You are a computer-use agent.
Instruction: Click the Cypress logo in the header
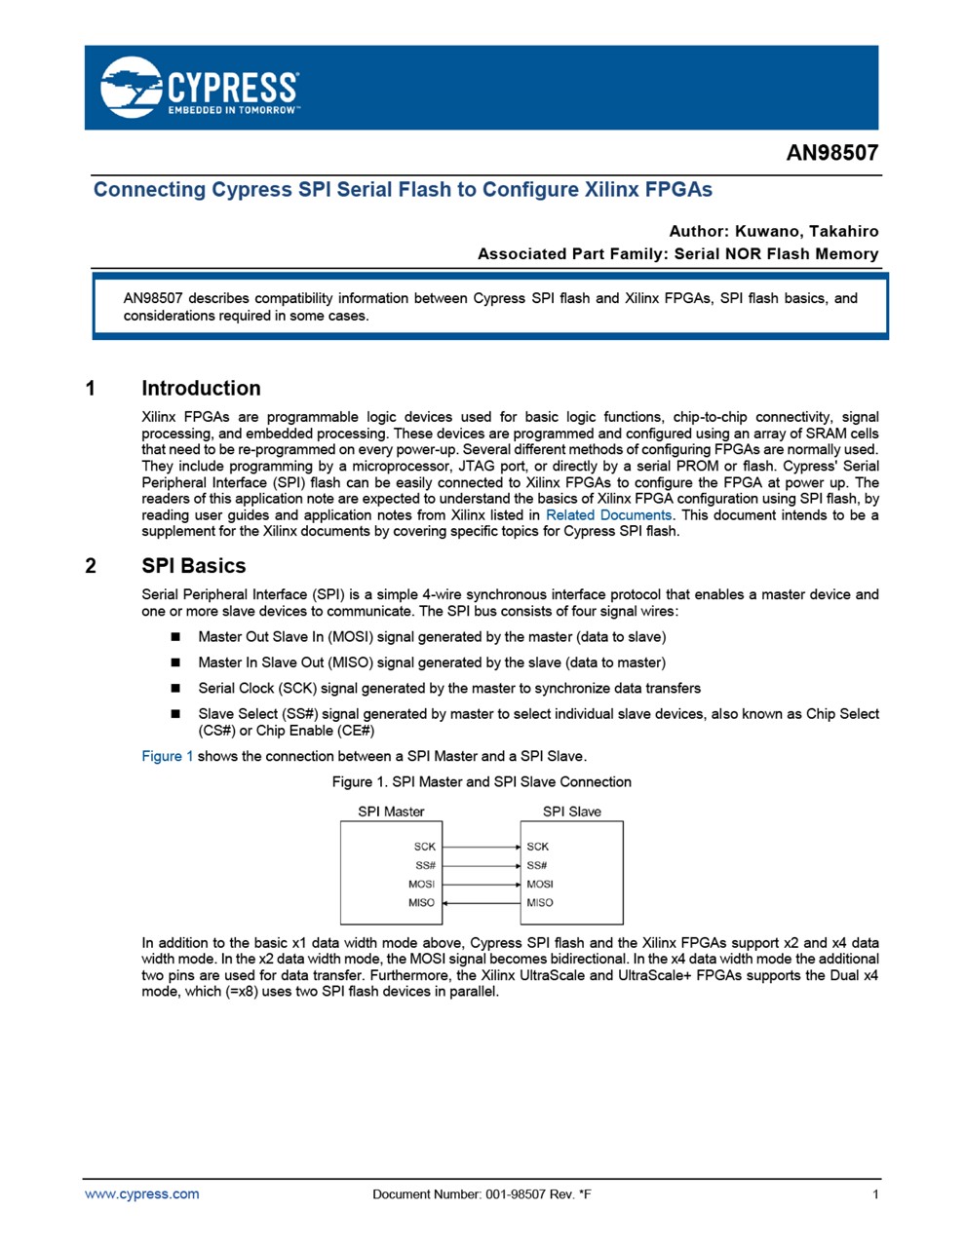coord(199,88)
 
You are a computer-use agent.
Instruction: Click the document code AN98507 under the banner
coord(831,153)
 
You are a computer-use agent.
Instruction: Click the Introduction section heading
coord(201,388)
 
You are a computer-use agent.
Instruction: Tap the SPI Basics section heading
coord(193,566)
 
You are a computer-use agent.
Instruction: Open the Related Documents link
coord(608,515)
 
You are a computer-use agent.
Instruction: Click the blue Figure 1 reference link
coord(168,756)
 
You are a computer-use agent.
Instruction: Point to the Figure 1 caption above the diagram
coord(482,781)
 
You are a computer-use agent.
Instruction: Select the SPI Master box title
coord(391,812)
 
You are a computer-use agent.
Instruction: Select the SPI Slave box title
coord(571,812)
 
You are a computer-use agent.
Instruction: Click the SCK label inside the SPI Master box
coord(424,847)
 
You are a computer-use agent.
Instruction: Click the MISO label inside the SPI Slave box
coord(540,903)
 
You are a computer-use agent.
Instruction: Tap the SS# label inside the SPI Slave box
coord(537,865)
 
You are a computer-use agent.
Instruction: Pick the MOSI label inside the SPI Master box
coord(421,885)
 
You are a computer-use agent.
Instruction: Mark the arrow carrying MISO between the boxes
coord(482,903)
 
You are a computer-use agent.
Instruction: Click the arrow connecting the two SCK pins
coord(482,847)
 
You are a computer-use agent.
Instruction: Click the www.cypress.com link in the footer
coord(142,1194)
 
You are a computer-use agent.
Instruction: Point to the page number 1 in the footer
coord(875,1194)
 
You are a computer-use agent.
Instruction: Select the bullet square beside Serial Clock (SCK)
coord(176,688)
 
